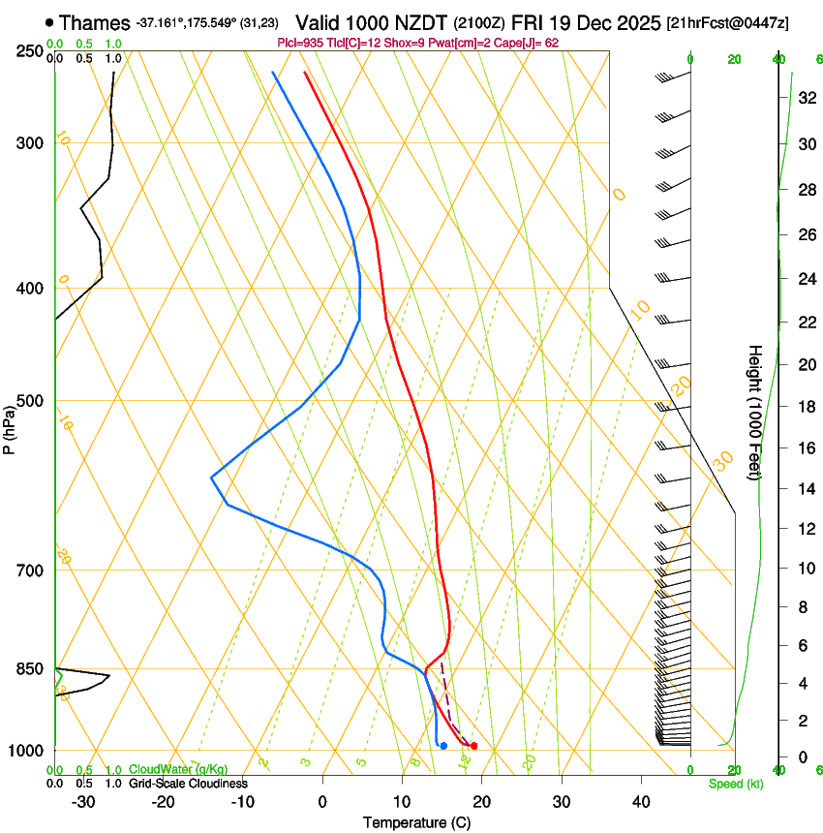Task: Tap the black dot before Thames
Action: (x=49, y=21)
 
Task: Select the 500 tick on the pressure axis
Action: (x=30, y=401)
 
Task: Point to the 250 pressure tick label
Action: (x=30, y=51)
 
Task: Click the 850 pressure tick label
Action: (x=30, y=669)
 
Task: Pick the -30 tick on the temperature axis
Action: (x=83, y=802)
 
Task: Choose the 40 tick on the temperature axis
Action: (x=640, y=802)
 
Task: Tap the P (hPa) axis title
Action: (x=10, y=427)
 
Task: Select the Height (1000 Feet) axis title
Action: (x=755, y=412)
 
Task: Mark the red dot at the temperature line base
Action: (x=473, y=746)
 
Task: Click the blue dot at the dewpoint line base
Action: (x=442, y=746)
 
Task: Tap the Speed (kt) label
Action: (x=736, y=784)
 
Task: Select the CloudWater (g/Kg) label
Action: (x=178, y=770)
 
